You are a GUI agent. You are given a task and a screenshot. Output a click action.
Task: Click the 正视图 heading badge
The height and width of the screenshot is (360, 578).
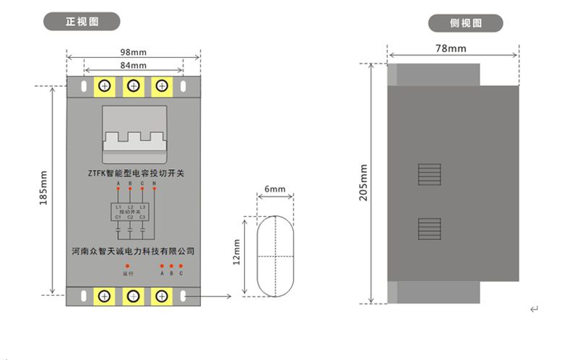pos(82,22)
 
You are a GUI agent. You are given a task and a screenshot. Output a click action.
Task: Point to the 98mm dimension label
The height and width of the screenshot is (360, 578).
pos(133,52)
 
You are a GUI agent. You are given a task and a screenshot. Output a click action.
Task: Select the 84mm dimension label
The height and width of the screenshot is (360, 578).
pos(133,65)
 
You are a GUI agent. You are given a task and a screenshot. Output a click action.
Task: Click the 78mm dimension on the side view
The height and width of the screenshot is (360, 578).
pos(451,48)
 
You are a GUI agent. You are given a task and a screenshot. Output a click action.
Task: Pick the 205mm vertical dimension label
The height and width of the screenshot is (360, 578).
pos(363,182)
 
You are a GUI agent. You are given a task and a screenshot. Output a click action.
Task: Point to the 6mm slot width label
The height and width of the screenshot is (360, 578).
pos(275,189)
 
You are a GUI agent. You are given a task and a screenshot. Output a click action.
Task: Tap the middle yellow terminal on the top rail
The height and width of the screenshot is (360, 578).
pos(133,87)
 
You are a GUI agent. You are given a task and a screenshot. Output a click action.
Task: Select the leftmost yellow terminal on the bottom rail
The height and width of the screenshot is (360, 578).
pos(105,296)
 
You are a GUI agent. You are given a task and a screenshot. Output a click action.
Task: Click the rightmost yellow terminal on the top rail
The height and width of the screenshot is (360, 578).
pos(161,87)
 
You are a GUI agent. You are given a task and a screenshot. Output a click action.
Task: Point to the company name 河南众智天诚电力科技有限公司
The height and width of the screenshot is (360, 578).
pos(134,252)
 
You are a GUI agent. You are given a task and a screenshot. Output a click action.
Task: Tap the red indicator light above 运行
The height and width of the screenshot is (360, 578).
pos(128,267)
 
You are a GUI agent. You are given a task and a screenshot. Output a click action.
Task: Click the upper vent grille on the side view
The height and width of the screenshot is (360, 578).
pos(429,176)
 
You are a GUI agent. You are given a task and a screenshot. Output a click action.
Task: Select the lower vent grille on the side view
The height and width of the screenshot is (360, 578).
pos(429,229)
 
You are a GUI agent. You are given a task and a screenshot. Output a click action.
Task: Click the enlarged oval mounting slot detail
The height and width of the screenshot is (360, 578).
pos(275,256)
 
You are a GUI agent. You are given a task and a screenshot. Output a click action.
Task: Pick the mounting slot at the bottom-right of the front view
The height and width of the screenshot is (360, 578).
pos(184,296)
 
